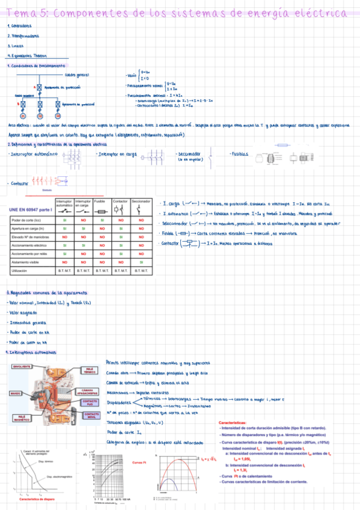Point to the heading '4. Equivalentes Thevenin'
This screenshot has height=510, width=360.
click(x=28, y=55)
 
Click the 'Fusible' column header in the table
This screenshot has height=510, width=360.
click(x=100, y=201)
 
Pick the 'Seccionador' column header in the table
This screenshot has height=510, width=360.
click(x=141, y=201)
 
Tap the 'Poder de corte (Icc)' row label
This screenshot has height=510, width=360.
click(x=27, y=220)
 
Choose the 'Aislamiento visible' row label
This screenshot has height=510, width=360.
click(x=27, y=262)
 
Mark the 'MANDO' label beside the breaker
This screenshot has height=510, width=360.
click(x=16, y=393)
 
